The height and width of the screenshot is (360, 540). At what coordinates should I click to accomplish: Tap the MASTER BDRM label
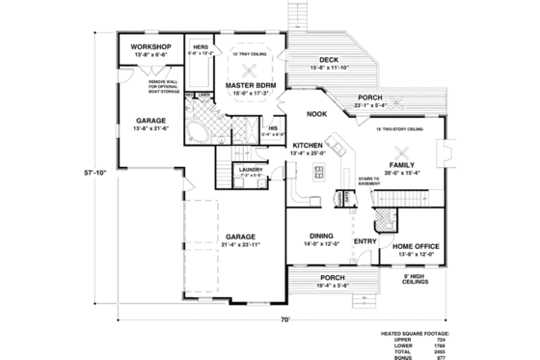pyautogui.click(x=253, y=85)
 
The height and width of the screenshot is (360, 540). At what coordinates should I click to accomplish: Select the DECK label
pyautogui.click(x=328, y=59)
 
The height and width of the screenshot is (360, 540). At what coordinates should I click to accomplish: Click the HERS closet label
pyautogui.click(x=202, y=46)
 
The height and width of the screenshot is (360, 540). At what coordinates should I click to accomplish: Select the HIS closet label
pyautogui.click(x=273, y=127)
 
